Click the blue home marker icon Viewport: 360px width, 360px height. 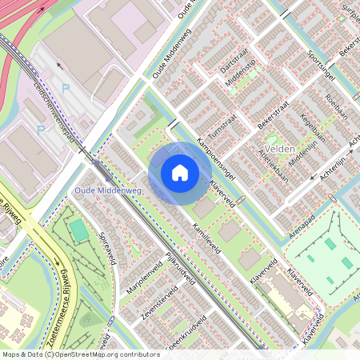point(180,172)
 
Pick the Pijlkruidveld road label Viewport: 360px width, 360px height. point(180,269)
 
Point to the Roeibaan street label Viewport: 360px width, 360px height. point(334,110)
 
